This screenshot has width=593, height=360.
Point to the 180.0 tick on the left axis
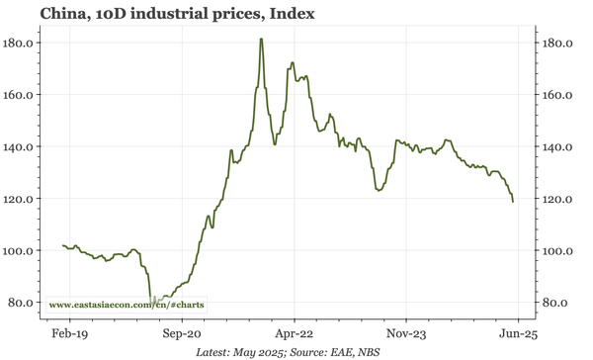[x=20, y=44]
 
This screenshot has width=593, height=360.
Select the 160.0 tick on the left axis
[x=20, y=95]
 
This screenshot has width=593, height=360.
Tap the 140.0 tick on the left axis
[x=20, y=146]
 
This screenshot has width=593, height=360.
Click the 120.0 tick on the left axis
[x=20, y=199]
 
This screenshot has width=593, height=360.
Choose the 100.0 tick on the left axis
[x=20, y=250]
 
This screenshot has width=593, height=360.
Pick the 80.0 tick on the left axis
[x=23, y=303]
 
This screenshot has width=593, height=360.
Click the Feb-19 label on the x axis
[x=67, y=334]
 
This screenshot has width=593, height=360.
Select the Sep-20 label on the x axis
[x=181, y=334]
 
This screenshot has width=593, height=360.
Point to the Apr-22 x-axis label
[x=294, y=334]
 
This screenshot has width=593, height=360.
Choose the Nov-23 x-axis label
[x=407, y=334]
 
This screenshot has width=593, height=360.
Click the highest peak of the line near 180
[x=261, y=40]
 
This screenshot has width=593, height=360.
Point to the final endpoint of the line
[x=513, y=202]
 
